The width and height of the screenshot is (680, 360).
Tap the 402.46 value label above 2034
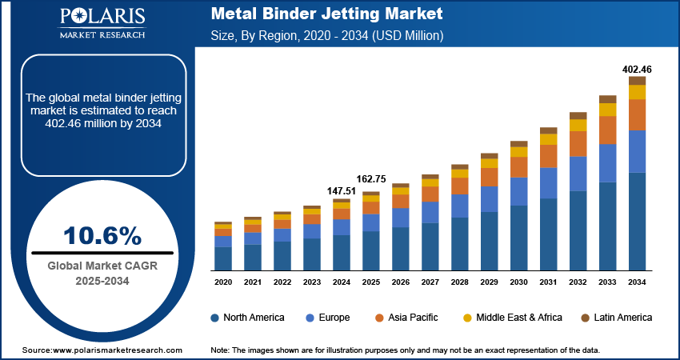[637, 70]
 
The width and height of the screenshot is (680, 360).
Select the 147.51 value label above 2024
[341, 191]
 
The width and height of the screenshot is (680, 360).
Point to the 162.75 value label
[370, 179]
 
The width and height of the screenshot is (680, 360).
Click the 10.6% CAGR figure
[102, 235]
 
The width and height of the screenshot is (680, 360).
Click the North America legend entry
[247, 318]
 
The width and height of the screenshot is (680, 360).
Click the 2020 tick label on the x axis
[223, 282]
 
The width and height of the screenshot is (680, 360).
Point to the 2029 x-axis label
[489, 282]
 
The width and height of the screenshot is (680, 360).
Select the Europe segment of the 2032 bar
[578, 174]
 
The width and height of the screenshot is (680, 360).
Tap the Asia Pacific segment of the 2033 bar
[607, 130]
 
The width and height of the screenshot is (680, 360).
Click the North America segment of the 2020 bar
[223, 258]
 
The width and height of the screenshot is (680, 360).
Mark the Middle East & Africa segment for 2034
[637, 92]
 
